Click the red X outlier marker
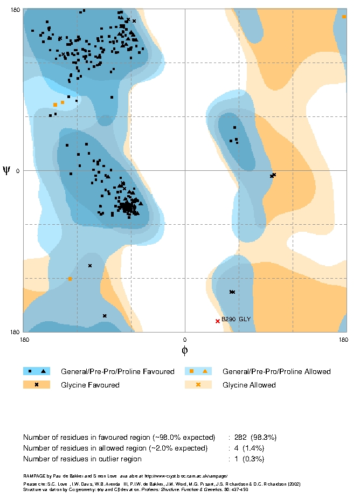[218, 321]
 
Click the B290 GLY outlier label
[236, 320]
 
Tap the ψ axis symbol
[6, 170]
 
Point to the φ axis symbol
[184, 350]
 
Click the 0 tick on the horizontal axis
[185, 339]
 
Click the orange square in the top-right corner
[344, 17]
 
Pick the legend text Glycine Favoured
[90, 385]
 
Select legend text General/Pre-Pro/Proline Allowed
[276, 371]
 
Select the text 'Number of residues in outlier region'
[82, 459]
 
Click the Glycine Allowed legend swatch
[198, 385]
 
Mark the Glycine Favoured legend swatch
[37, 385]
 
